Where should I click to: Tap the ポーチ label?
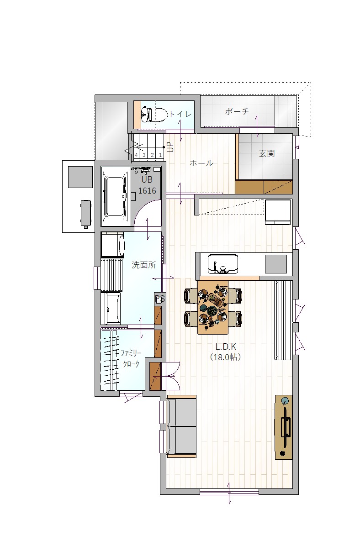(237, 111)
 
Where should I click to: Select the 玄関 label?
(267, 154)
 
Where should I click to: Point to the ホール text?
(201, 163)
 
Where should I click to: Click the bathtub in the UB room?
(116, 196)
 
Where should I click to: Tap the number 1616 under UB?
(147, 191)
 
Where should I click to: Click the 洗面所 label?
(144, 265)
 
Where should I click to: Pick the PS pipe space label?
(160, 299)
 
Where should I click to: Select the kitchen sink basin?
(222, 264)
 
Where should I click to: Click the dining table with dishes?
(213, 308)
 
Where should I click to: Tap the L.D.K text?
(225, 346)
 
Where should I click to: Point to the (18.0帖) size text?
(225, 357)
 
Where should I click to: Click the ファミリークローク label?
(131, 359)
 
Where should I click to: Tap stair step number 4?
(136, 155)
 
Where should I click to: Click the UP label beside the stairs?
(170, 147)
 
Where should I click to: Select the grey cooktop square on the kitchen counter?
(276, 264)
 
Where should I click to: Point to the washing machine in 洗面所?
(112, 245)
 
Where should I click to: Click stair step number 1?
(160, 155)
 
